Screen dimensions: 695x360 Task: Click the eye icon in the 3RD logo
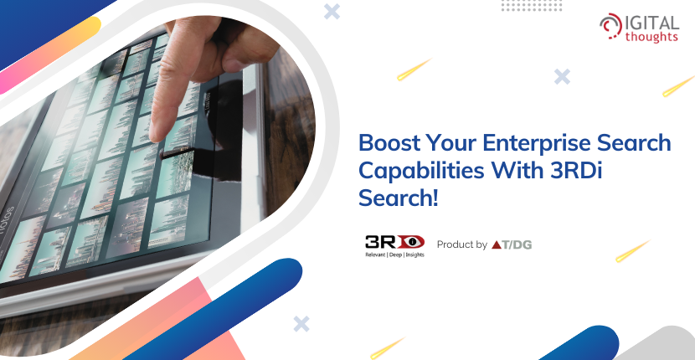[x=412, y=242]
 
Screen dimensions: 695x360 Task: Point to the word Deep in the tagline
[x=394, y=255]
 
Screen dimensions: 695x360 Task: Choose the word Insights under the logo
[x=413, y=255]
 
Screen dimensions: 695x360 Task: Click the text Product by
[x=462, y=244]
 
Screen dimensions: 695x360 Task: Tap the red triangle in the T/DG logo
[x=496, y=244]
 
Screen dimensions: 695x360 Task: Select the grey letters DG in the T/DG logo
[x=523, y=244]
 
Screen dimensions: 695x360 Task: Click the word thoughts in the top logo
[x=651, y=36]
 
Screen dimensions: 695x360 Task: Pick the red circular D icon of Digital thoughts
[x=610, y=26]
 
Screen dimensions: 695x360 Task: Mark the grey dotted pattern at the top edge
[x=532, y=5]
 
